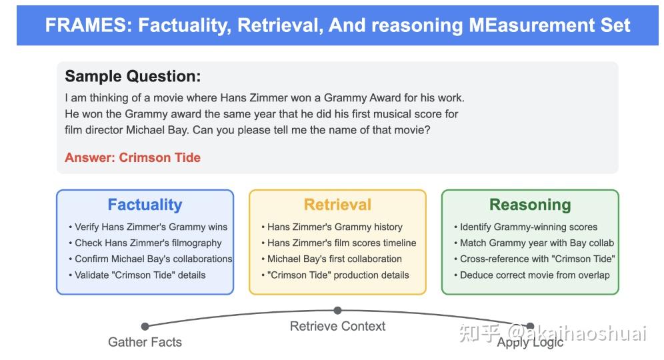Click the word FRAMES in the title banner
tap(86, 25)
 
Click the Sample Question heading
tap(133, 77)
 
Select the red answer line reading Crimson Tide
tap(133, 157)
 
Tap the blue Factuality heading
tap(145, 205)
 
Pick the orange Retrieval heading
tap(337, 205)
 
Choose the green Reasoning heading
tap(530, 205)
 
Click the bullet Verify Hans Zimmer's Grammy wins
tap(148, 227)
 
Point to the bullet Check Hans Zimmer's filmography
tap(145, 243)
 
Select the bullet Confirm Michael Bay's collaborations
tap(151, 259)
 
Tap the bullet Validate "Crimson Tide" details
tap(137, 275)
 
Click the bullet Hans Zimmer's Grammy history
tap(332, 227)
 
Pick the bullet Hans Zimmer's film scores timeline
tap(339, 243)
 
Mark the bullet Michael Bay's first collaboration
tap(331, 259)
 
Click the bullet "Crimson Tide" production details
tap(335, 275)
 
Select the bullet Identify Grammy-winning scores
tap(525, 227)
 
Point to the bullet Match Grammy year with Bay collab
tap(534, 243)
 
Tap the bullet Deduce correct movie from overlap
tap(532, 275)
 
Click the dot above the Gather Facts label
tap(145, 326)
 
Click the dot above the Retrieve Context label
tap(337, 311)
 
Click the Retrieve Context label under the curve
tap(337, 326)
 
